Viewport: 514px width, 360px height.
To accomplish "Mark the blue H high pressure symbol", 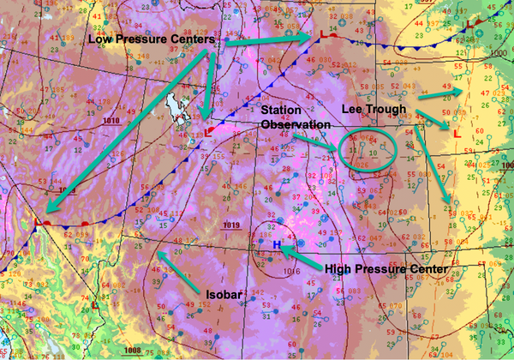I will coord(276,244).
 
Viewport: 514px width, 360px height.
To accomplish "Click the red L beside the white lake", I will coord(209,132).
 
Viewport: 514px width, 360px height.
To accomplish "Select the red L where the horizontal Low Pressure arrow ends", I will coord(322,34).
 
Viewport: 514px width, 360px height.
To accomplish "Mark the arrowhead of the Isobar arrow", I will coord(159,255).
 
